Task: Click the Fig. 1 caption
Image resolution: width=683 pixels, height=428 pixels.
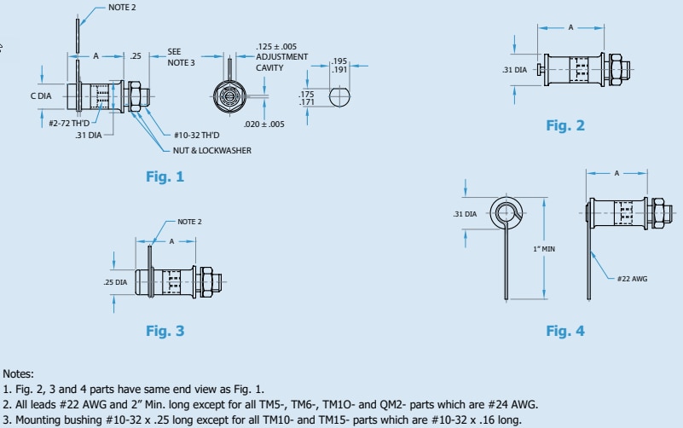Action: pyautogui.click(x=165, y=177)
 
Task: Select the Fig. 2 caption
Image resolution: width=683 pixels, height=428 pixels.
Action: pyautogui.click(x=565, y=125)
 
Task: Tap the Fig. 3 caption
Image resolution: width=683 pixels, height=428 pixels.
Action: pyautogui.click(x=165, y=331)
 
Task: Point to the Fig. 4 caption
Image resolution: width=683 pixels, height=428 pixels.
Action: pyautogui.click(x=565, y=331)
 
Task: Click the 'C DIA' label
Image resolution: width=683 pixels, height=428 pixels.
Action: pyautogui.click(x=41, y=96)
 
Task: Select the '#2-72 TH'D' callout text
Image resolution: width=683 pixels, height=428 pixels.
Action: pyautogui.click(x=69, y=123)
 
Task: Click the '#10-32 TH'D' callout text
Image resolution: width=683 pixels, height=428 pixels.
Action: pyautogui.click(x=197, y=136)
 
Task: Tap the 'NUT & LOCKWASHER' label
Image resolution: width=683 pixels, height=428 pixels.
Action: pyautogui.click(x=205, y=149)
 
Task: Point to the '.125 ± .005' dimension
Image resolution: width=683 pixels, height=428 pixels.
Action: pyautogui.click(x=276, y=46)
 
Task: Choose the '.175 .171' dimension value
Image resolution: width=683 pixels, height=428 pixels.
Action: pyautogui.click(x=309, y=99)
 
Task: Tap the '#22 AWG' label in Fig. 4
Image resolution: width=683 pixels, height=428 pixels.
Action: pyautogui.click(x=633, y=279)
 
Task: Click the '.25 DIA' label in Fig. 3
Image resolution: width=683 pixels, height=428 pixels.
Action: pyautogui.click(x=115, y=281)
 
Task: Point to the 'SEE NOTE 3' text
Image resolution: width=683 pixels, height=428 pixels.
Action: pyautogui.click(x=181, y=57)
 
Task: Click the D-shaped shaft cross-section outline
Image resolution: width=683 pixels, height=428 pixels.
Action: pyautogui.click(x=340, y=99)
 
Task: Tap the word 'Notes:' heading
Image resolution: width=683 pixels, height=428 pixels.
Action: pyautogui.click(x=18, y=373)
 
